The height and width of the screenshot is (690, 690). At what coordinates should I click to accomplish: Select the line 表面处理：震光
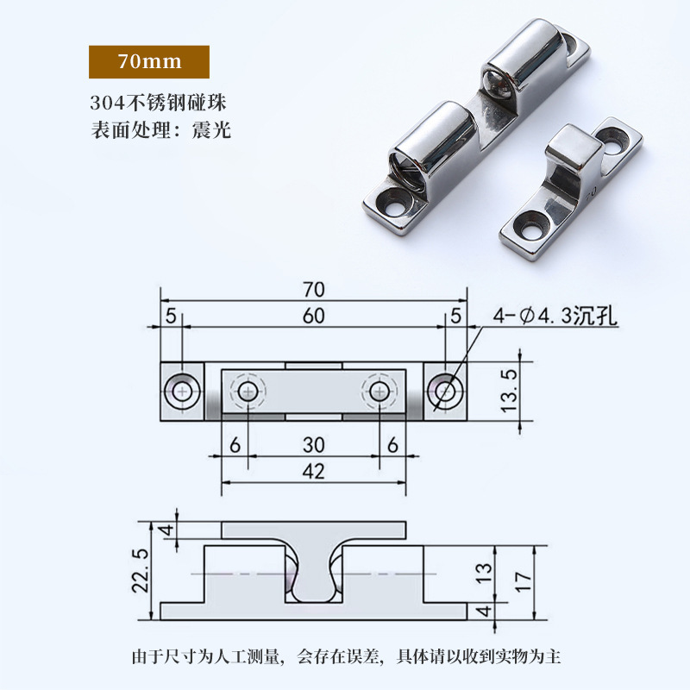[160, 131]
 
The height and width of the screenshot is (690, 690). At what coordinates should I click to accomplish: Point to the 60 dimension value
[313, 317]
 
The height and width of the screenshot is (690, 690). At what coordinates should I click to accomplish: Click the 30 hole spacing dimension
[313, 445]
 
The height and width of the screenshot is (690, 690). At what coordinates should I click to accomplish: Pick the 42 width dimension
[313, 472]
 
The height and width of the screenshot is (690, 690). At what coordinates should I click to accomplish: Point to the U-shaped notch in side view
[313, 586]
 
